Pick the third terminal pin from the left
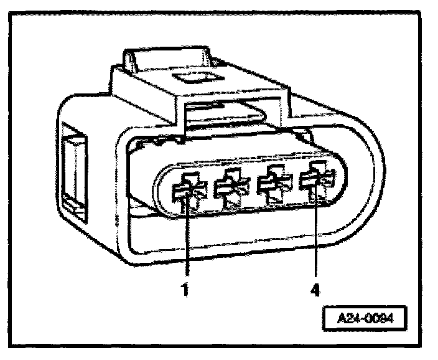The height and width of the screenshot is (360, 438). point(272,185)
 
